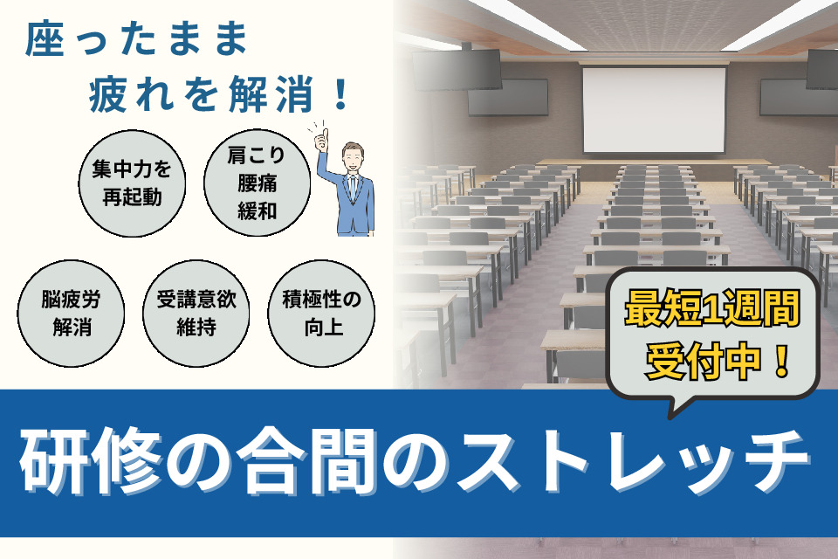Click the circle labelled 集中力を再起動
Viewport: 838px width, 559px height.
132,183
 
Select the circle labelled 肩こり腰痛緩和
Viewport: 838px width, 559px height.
257,183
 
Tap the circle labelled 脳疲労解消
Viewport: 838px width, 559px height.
71,314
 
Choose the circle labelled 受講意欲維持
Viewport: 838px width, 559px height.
196,314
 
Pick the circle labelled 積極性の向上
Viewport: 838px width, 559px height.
321,314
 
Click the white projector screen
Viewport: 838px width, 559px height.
654,110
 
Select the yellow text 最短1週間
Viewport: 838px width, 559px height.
712,308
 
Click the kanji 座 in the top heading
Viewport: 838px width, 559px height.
45,38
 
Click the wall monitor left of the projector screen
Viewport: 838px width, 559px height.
508,97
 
